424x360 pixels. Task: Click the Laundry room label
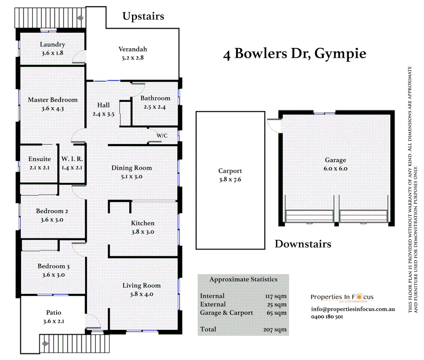point(52,44)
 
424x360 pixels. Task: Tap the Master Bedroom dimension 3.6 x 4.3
point(53,109)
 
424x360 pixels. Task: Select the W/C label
point(162,136)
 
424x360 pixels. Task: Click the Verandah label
point(133,49)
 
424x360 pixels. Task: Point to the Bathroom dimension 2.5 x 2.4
point(155,107)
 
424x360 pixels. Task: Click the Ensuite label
point(40,159)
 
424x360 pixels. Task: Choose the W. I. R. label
point(72,159)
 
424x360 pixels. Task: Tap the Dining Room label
point(132,168)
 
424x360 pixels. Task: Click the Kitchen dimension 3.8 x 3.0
point(143,232)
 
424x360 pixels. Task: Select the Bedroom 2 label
point(52,211)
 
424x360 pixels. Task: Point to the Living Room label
point(142,286)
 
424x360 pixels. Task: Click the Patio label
point(54,313)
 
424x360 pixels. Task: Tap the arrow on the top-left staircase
point(80,18)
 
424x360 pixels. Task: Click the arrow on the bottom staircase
point(46,344)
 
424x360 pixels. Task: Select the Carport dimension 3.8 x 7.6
point(230,180)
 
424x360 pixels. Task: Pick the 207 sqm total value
point(275,330)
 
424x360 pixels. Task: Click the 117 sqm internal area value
point(276,296)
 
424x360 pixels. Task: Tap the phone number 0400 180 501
point(327,317)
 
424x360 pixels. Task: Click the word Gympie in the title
point(340,54)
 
